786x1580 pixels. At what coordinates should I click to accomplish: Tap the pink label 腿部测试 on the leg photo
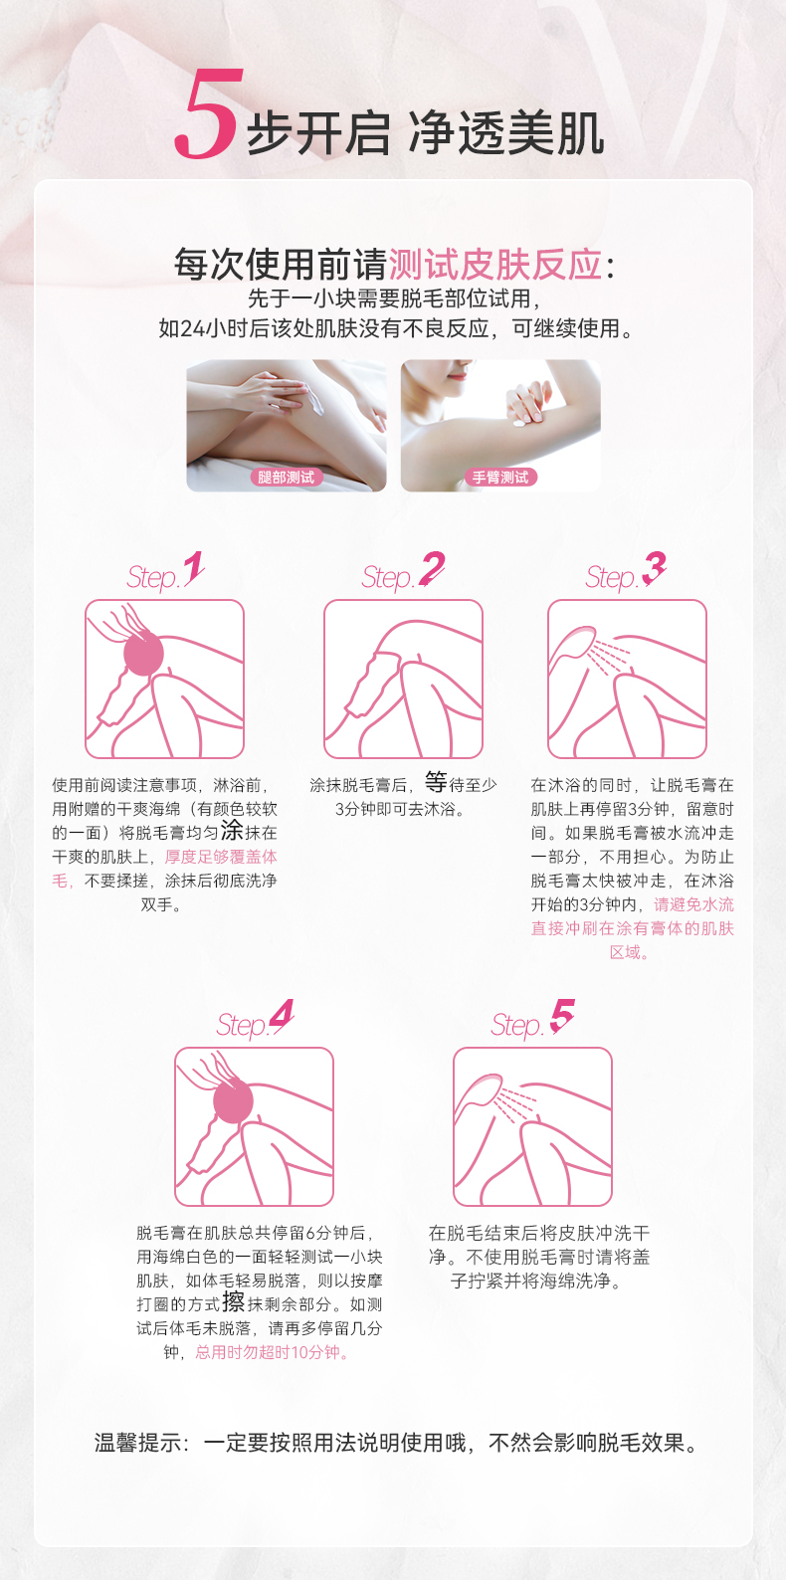287,478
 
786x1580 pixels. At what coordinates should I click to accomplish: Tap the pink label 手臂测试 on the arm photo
501,478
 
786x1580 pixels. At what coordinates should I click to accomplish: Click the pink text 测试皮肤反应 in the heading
495,266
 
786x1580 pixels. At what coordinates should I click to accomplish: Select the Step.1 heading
166,572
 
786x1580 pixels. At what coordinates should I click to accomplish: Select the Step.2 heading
403,572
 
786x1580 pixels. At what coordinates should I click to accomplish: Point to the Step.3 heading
626,572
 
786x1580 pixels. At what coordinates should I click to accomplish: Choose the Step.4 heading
255,1020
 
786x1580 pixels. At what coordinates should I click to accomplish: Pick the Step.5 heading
533,1020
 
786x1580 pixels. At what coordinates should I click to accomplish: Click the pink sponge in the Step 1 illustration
144,654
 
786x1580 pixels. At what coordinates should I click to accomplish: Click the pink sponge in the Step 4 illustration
233,1101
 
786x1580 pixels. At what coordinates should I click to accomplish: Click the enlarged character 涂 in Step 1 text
232,830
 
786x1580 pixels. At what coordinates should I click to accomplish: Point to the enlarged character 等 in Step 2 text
436,782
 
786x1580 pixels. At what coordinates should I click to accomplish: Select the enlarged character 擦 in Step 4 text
234,1301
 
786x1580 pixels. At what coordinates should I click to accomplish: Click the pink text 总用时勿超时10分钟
272,1352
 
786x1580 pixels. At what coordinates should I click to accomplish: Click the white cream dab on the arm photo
520,424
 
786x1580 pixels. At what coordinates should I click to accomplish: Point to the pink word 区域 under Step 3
626,952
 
